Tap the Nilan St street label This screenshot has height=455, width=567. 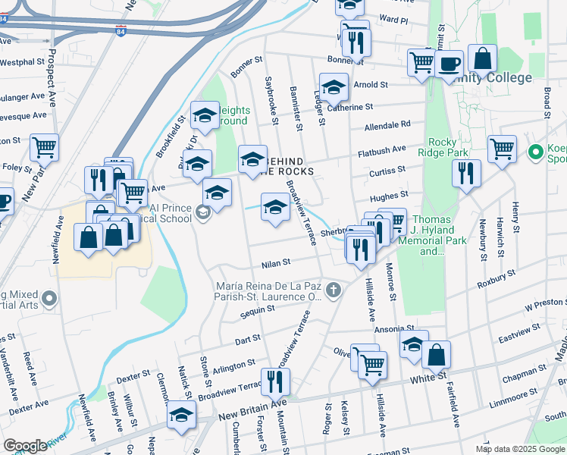click(276, 263)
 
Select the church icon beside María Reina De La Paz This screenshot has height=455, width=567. click(332, 290)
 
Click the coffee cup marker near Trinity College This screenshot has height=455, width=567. click(448, 64)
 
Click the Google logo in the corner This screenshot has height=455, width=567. click(25, 446)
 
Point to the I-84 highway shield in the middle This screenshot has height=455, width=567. click(121, 31)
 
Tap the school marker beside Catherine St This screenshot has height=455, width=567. click(334, 88)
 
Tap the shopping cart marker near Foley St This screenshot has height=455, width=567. click(45, 146)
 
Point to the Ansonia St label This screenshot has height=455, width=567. click(387, 329)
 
